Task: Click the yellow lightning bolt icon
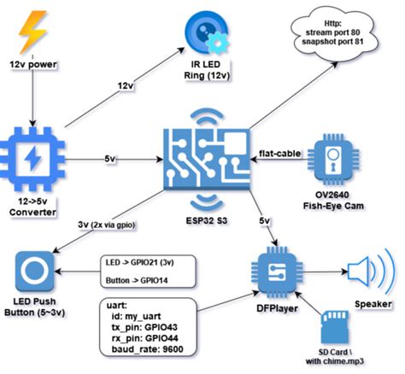click(32, 32)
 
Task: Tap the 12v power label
click(33, 65)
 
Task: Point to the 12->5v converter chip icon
click(32, 159)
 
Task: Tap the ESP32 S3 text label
click(207, 220)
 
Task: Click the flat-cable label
click(279, 154)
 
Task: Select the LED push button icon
click(34, 272)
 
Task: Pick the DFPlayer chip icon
click(277, 272)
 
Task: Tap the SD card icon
click(335, 327)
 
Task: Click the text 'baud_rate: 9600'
click(147, 349)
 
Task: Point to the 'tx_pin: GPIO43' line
click(144, 327)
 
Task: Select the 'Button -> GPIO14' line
click(137, 280)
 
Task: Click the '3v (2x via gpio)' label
click(107, 225)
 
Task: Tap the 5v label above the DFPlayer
click(265, 220)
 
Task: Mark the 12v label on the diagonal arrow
click(126, 85)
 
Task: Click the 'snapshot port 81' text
click(332, 42)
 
